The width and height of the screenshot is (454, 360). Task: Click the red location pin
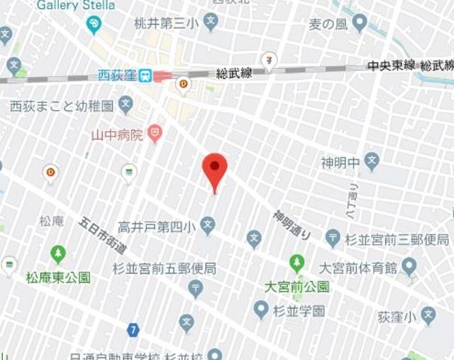click(x=215, y=169)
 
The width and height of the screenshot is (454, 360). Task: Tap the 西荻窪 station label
click(x=117, y=75)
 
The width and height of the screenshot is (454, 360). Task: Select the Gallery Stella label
click(x=76, y=6)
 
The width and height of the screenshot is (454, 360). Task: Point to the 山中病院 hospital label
click(x=117, y=133)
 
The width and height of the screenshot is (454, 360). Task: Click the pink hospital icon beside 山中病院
click(x=155, y=133)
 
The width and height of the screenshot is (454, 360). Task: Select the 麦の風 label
click(x=327, y=25)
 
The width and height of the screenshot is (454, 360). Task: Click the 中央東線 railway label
click(x=391, y=65)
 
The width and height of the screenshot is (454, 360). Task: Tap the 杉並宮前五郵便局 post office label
click(x=164, y=269)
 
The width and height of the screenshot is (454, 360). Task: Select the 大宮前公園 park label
click(x=297, y=288)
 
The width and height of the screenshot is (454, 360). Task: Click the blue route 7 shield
click(x=133, y=329)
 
